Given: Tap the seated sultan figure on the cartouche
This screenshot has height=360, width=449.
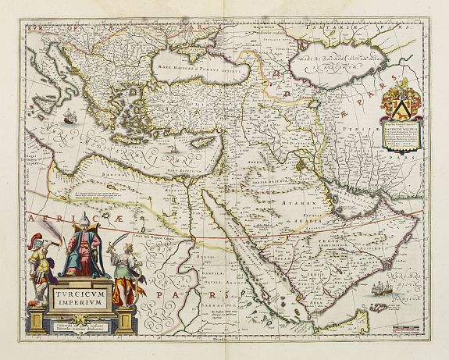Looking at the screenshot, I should [83, 251].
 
